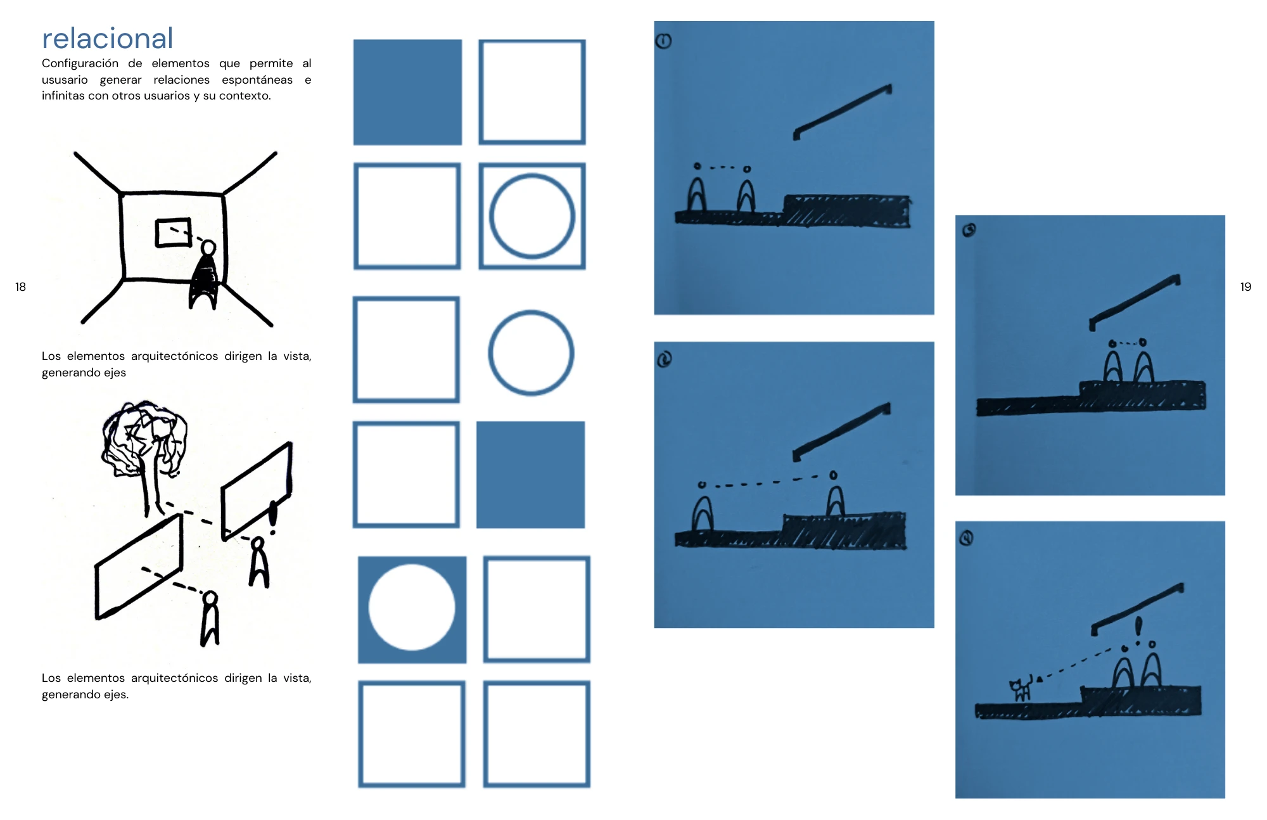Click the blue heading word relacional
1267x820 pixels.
(108, 39)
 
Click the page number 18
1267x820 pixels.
(20, 287)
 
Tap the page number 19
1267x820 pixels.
(1245, 287)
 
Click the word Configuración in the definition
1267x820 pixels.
(80, 63)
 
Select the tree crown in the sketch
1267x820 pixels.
(144, 437)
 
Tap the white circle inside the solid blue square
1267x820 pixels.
(412, 607)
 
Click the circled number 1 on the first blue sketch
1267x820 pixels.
(663, 41)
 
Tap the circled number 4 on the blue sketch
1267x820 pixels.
(966, 538)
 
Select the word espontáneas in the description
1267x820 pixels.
(257, 80)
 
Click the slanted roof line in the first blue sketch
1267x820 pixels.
(843, 112)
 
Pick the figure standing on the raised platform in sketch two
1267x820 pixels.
(836, 494)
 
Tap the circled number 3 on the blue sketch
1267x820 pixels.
(969, 230)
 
